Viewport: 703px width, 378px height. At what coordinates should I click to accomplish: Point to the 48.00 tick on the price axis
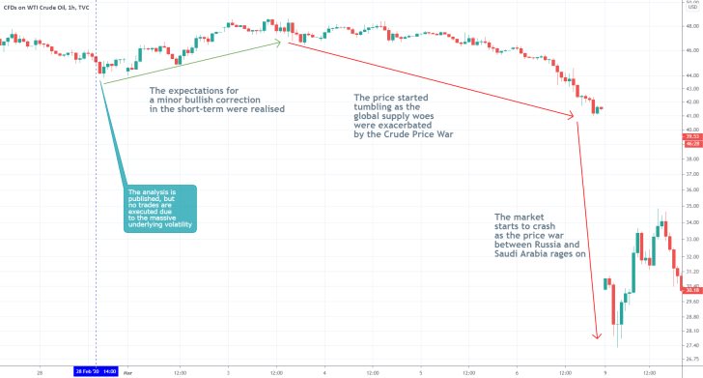click(689, 28)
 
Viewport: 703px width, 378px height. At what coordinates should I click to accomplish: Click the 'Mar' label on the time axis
click(127, 371)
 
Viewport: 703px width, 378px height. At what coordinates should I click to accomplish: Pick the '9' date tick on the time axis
click(605, 371)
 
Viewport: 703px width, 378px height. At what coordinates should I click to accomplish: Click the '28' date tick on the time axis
click(39, 371)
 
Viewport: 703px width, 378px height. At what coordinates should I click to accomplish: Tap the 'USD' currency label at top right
click(689, 8)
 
